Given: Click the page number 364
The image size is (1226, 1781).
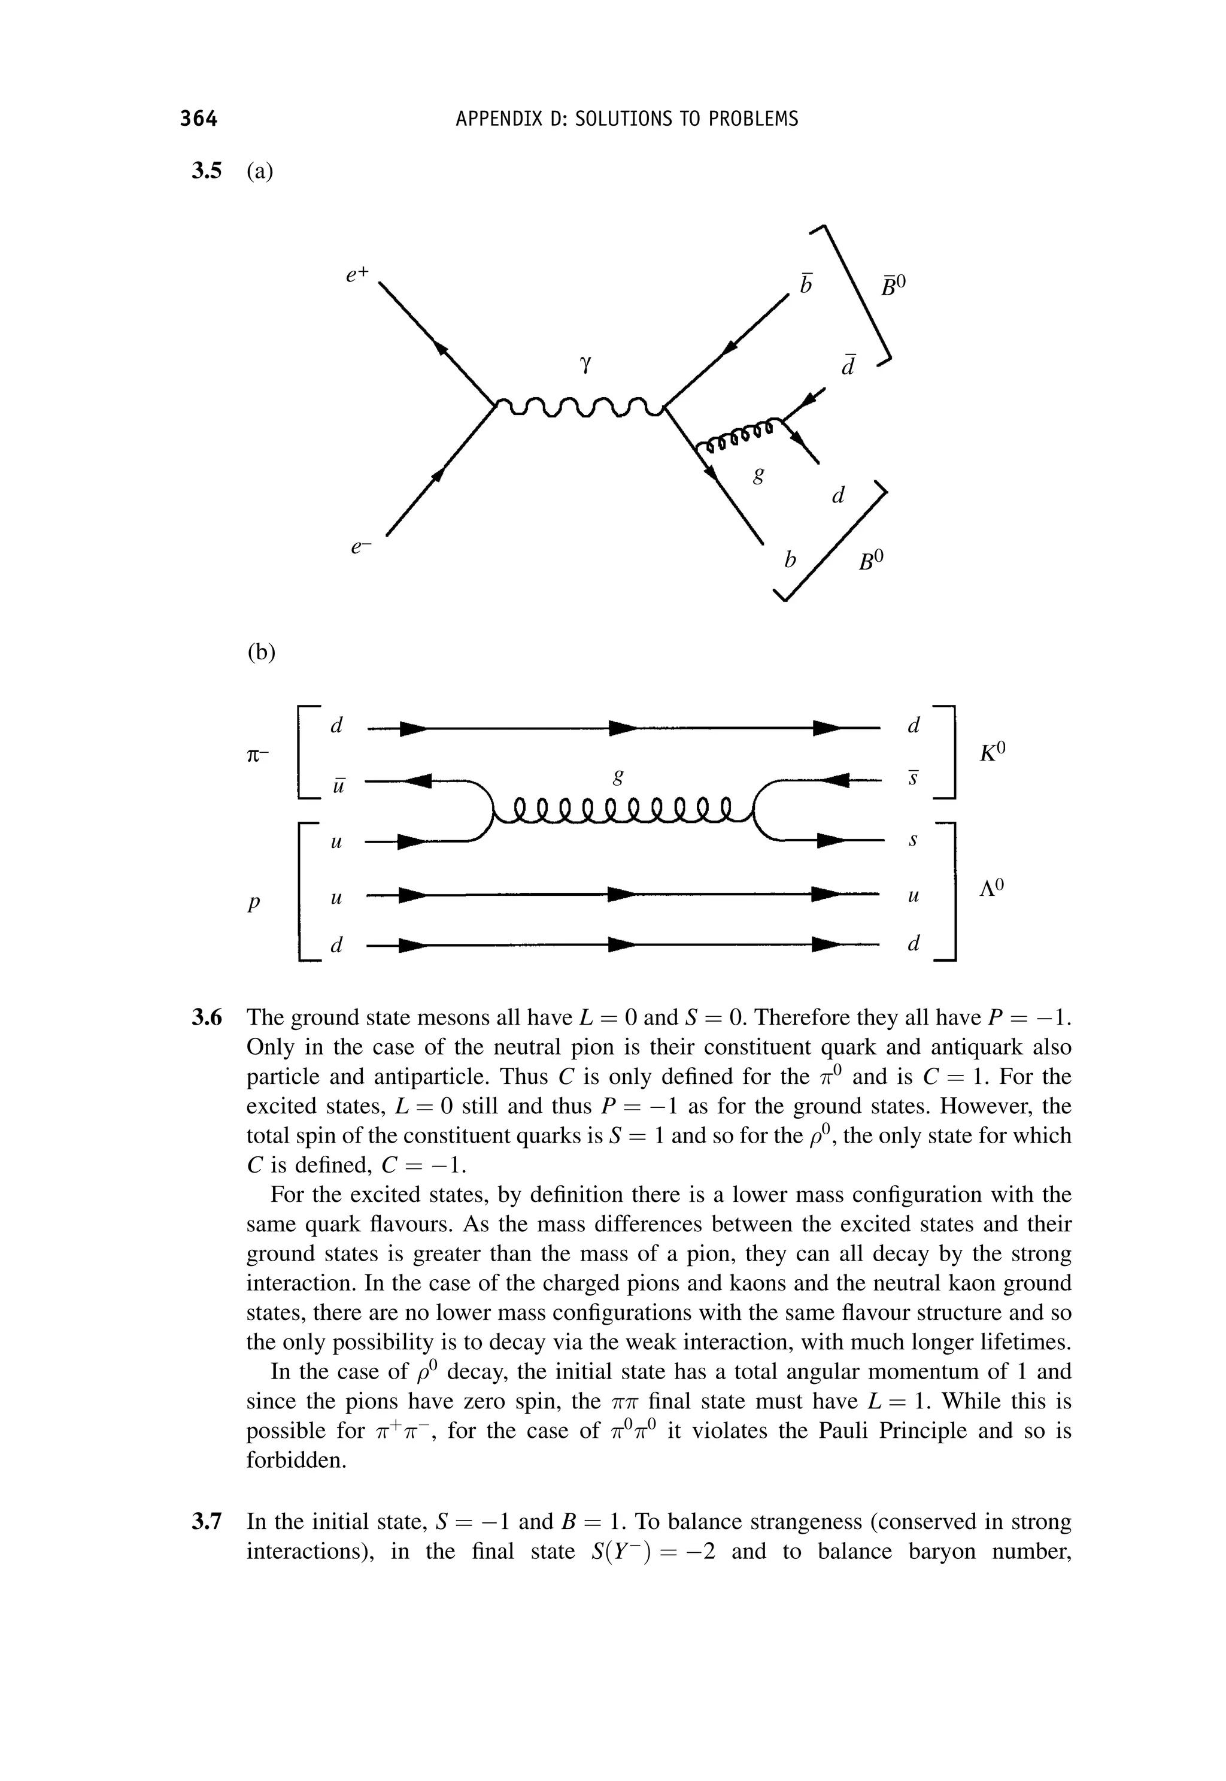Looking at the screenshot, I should tap(199, 119).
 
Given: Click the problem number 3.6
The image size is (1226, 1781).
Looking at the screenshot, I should tap(206, 1018).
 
